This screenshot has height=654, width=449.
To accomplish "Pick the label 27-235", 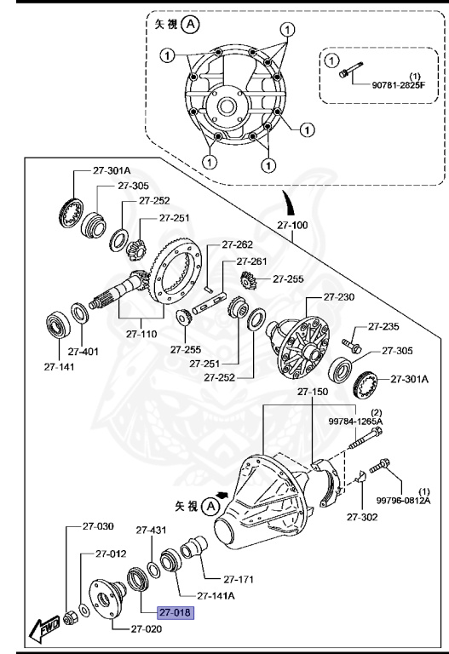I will (x=383, y=326).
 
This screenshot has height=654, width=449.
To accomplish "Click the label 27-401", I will (x=84, y=350).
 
